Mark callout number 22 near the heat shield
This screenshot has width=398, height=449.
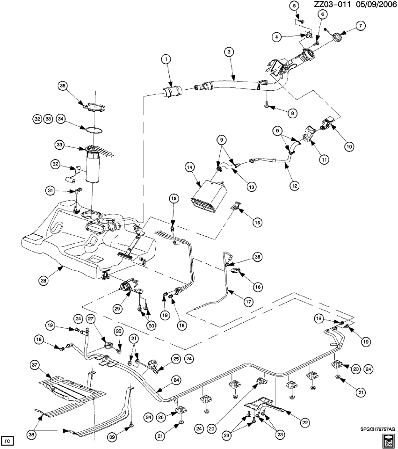tap(304, 422)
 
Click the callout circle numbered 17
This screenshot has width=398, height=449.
tap(248, 302)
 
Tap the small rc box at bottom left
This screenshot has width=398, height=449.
tap(8, 441)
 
